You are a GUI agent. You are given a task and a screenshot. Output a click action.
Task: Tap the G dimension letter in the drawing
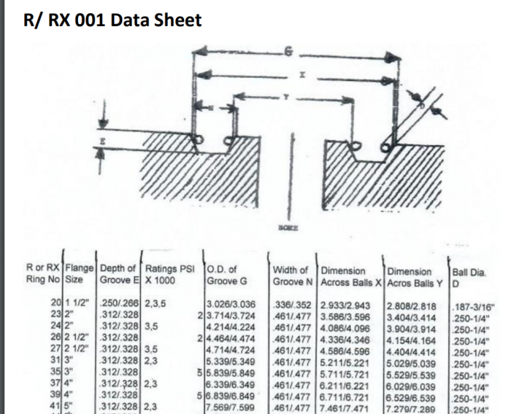pyautogui.click(x=289, y=52)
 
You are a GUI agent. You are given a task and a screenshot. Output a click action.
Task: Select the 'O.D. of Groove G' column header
pyautogui.click(x=227, y=276)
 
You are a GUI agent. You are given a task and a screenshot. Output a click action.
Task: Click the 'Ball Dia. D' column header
pyautogui.click(x=469, y=276)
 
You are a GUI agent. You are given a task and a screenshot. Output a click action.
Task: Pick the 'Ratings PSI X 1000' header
pyautogui.click(x=170, y=276)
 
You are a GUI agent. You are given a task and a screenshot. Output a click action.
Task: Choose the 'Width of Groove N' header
pyautogui.click(x=294, y=276)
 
